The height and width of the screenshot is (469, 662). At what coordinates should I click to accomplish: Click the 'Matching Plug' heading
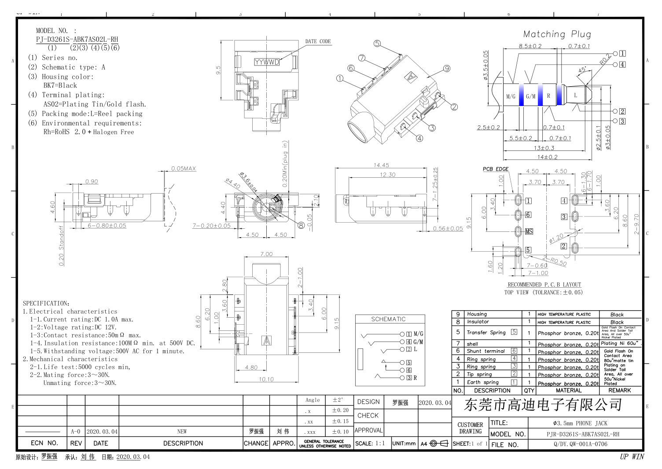tap(557, 34)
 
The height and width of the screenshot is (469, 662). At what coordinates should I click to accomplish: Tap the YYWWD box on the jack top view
tap(267, 62)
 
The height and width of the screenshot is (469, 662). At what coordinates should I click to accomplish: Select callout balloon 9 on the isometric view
tap(447, 69)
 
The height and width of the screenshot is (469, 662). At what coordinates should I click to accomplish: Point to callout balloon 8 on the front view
tap(301, 225)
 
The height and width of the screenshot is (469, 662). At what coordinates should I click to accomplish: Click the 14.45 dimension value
tap(381, 165)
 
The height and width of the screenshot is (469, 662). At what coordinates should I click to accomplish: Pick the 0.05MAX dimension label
tap(184, 169)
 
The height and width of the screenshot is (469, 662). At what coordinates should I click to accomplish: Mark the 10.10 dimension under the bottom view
tap(266, 379)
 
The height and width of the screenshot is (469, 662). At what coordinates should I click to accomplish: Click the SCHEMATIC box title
tap(388, 319)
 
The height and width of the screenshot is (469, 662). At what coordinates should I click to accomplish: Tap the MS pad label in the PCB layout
tap(529, 231)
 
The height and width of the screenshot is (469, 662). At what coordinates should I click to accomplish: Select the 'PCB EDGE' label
tap(495, 169)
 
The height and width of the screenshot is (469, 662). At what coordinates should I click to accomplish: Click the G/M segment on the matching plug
tap(530, 96)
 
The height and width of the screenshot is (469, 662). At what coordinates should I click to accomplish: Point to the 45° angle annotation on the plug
tap(582, 70)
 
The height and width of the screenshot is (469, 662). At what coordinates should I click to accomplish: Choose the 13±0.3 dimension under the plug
tap(544, 148)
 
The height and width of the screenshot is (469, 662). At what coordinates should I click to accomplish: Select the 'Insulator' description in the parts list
tap(478, 322)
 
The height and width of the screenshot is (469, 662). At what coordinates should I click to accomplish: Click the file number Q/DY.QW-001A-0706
tap(580, 444)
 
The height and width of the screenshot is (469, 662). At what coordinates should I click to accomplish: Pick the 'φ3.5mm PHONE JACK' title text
tap(580, 423)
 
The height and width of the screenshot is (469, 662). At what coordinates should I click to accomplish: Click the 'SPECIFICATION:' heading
tap(46, 304)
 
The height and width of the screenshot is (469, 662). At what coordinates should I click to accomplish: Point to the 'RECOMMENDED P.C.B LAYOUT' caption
tap(544, 285)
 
